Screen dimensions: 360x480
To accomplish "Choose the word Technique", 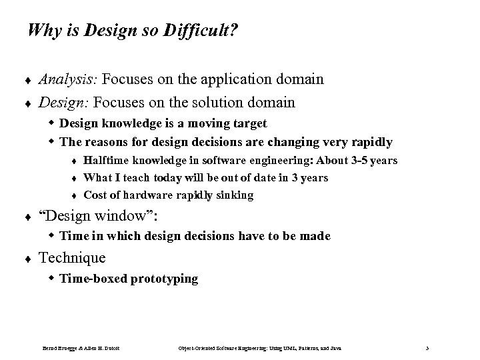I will tap(72, 258).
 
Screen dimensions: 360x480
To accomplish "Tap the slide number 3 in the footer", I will tap(427, 348).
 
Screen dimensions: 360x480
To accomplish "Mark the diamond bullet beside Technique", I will tap(29, 259).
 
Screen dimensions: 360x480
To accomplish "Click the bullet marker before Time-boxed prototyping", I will tap(52, 278).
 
